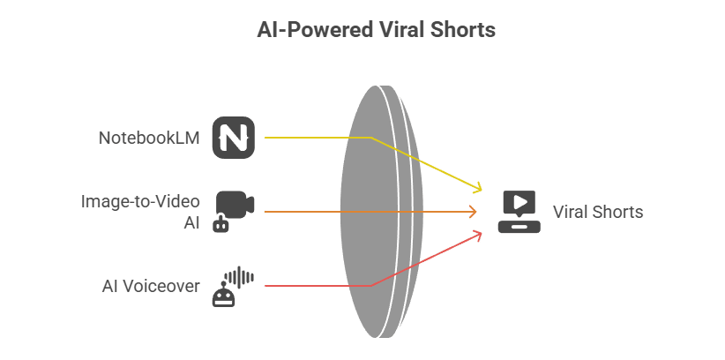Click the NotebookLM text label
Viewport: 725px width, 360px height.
tap(149, 138)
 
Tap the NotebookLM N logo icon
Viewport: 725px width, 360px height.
tap(234, 138)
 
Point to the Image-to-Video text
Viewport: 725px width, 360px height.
tap(140, 201)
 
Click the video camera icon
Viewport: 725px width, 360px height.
tap(235, 203)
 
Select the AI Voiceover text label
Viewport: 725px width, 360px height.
tap(151, 286)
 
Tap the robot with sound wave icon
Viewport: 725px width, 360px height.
tap(232, 287)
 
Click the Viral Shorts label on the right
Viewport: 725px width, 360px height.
tap(598, 212)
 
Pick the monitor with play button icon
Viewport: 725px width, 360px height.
tap(518, 212)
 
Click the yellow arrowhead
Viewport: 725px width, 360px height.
tap(477, 188)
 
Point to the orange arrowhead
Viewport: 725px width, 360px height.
tap(473, 212)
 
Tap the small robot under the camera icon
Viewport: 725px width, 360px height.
tap(220, 224)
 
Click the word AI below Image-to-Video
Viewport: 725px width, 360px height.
tap(191, 222)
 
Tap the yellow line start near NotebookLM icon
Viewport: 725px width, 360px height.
tap(266, 138)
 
